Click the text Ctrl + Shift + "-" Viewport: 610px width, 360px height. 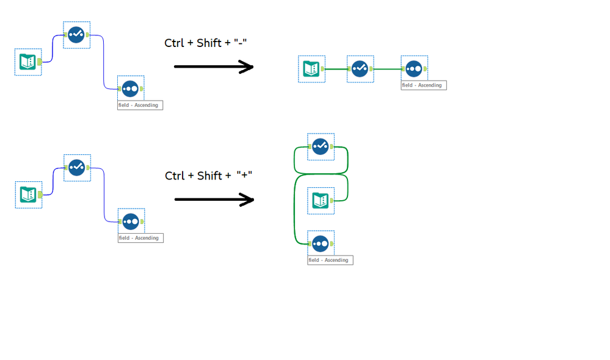click(x=205, y=43)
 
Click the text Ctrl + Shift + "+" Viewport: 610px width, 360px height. click(x=209, y=176)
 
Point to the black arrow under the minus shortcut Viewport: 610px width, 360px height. click(x=213, y=67)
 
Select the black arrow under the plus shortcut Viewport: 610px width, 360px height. click(x=214, y=200)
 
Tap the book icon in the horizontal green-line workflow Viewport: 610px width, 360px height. click(x=311, y=69)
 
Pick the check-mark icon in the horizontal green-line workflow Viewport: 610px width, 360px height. click(x=360, y=69)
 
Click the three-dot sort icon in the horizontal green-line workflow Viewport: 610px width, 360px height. click(x=414, y=69)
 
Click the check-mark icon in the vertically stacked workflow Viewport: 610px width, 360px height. click(x=321, y=146)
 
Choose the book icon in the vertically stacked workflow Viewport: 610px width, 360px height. click(x=321, y=200)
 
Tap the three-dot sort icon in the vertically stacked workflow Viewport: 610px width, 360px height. click(x=321, y=244)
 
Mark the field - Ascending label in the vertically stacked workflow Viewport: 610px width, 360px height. click(x=330, y=261)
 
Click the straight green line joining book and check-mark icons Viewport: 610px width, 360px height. click(x=335, y=69)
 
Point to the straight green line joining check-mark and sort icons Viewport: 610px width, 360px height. click(x=387, y=69)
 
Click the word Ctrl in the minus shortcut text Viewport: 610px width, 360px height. click(x=173, y=43)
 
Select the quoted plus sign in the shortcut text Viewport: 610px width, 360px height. click(x=244, y=176)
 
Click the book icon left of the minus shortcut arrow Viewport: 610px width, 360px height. click(x=28, y=62)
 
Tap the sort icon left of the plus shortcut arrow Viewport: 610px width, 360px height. click(x=131, y=221)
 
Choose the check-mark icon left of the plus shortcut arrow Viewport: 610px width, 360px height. click(x=77, y=167)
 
